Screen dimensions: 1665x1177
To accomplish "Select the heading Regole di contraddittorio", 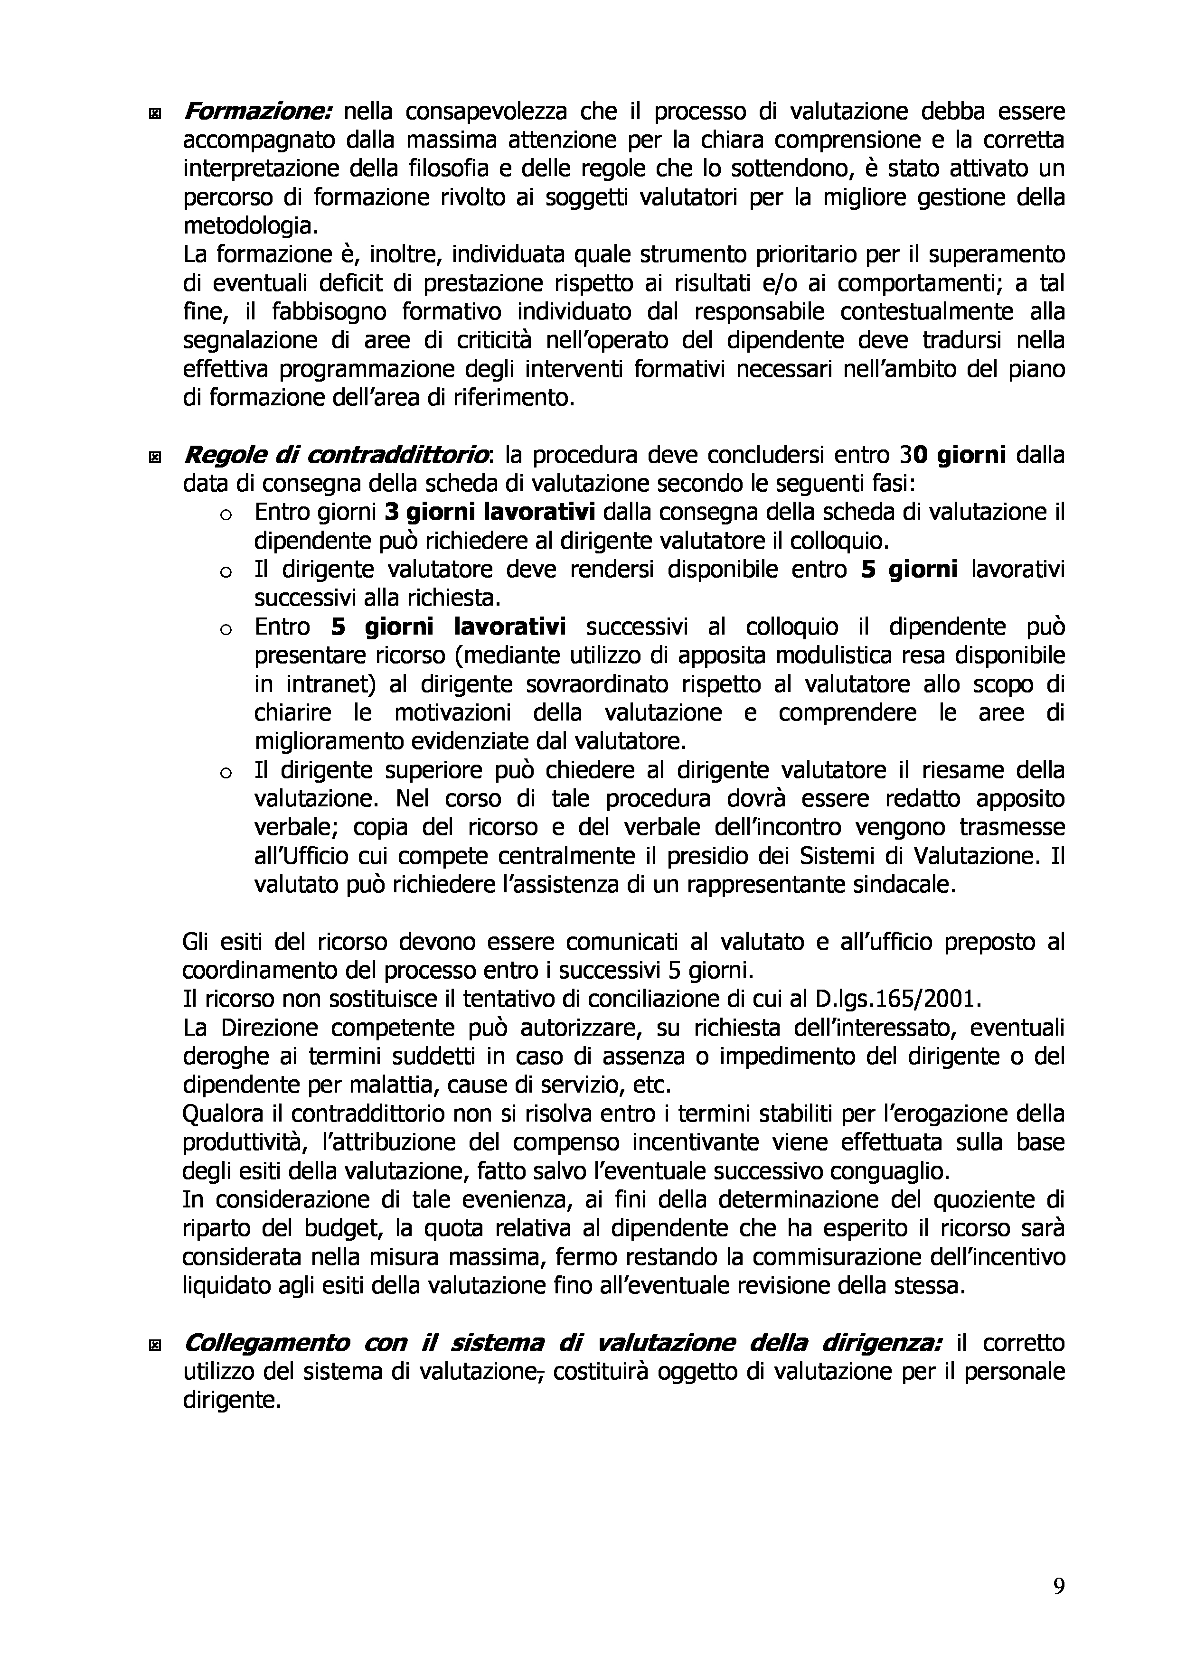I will (337, 456).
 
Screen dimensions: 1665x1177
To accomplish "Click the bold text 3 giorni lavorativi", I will (490, 513).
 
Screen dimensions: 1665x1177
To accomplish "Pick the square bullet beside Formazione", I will (154, 114).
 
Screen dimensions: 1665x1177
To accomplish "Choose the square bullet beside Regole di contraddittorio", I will (154, 458).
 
